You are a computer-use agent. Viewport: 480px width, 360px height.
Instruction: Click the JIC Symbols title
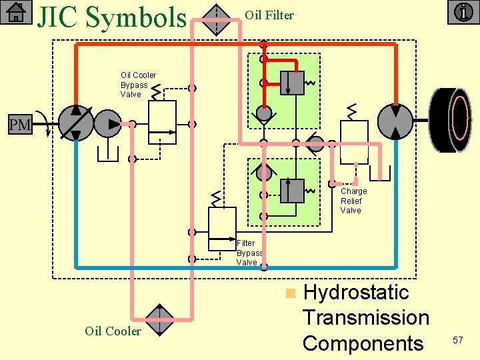(x=112, y=17)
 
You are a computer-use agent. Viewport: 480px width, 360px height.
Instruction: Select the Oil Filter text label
(x=269, y=15)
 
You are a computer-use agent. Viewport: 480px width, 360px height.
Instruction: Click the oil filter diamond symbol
(x=215, y=19)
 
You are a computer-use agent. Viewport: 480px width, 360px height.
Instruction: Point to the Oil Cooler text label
(x=113, y=331)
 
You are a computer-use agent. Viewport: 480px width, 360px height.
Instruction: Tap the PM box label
(x=19, y=125)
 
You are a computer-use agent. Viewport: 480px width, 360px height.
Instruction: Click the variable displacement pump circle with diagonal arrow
(x=76, y=123)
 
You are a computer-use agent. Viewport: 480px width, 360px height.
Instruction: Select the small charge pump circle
(x=108, y=123)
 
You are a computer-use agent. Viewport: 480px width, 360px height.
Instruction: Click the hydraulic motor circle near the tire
(x=395, y=121)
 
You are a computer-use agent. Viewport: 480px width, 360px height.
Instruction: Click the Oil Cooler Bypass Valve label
(x=138, y=85)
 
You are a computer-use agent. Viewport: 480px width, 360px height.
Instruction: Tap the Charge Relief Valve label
(x=353, y=201)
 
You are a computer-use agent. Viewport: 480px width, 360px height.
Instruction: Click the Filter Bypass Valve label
(x=250, y=253)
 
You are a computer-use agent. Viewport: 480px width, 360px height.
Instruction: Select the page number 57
(x=458, y=340)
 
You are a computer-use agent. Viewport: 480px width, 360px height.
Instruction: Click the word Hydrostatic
(x=355, y=292)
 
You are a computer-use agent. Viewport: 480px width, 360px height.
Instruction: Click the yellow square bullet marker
(x=289, y=293)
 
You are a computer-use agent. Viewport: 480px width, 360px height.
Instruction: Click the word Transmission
(x=365, y=317)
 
